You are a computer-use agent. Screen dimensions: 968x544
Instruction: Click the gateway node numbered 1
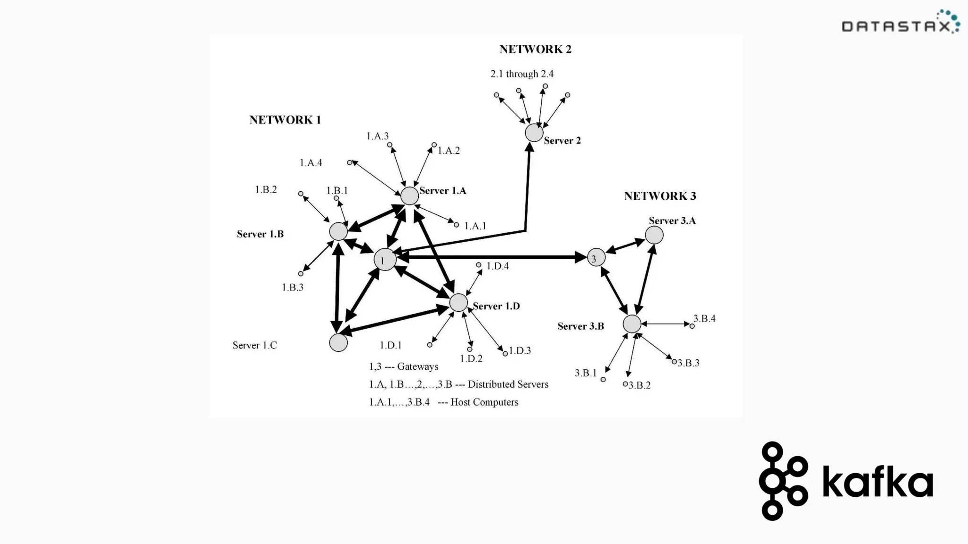[385, 260]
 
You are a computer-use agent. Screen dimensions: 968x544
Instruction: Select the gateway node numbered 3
[596, 258]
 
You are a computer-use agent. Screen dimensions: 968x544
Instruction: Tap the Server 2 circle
[534, 133]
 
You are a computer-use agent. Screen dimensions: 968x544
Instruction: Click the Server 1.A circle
[410, 195]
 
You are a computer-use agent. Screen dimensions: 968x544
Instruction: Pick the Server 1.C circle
[338, 343]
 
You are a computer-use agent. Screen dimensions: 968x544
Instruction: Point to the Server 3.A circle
[654, 235]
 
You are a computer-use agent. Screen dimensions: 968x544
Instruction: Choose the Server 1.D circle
[458, 303]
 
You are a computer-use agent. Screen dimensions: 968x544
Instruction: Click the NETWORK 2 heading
[536, 49]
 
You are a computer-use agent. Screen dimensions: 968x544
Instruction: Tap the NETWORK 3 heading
[660, 196]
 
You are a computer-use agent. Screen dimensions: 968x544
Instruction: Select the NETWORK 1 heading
[285, 120]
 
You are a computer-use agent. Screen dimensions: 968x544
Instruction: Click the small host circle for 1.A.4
[350, 162]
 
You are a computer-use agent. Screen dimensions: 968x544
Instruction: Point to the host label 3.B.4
[704, 319]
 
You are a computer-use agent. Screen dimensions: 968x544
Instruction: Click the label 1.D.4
[498, 266]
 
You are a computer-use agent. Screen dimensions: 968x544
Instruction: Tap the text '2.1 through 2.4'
[522, 74]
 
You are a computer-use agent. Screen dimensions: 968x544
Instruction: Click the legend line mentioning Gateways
[404, 366]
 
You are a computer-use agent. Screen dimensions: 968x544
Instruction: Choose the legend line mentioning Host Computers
[443, 402]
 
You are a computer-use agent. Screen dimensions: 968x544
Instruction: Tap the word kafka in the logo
[878, 482]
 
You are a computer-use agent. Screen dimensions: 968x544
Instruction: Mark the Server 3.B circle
[632, 324]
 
